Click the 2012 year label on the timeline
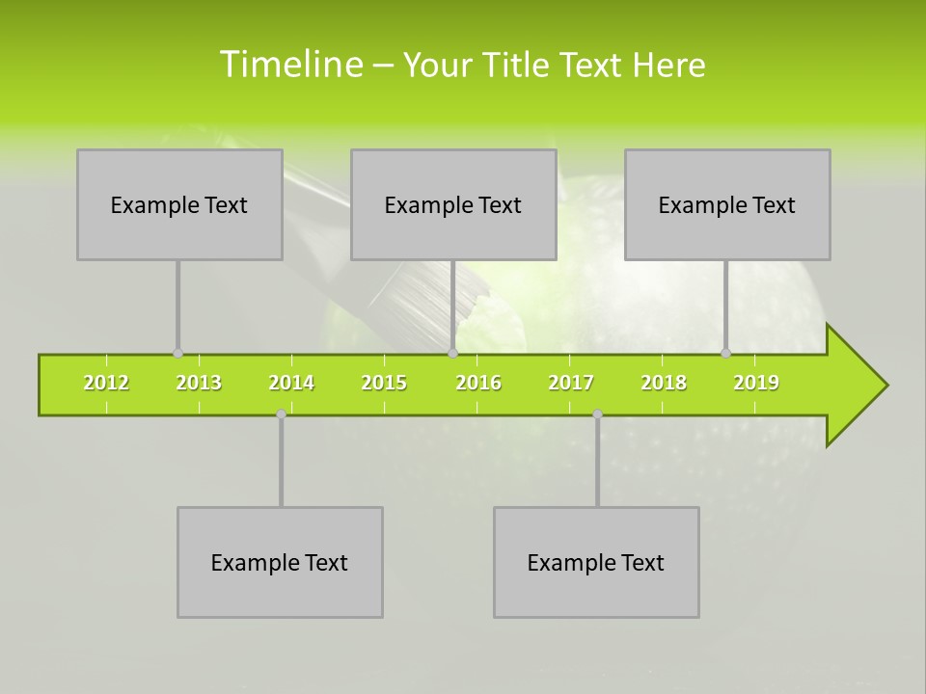(x=106, y=384)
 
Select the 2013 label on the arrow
(x=199, y=384)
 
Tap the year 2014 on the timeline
(x=291, y=384)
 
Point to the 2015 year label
(x=384, y=384)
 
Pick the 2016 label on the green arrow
(x=478, y=384)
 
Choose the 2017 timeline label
(x=571, y=384)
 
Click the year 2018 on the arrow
(x=664, y=384)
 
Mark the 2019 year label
(x=756, y=384)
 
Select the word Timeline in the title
(x=290, y=65)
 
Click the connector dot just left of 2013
(x=177, y=354)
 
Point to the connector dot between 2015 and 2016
(x=452, y=354)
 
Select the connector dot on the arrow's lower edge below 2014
(x=281, y=414)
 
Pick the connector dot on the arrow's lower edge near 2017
(x=597, y=414)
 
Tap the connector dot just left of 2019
(x=726, y=354)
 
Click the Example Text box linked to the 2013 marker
(x=179, y=204)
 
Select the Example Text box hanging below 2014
(x=280, y=562)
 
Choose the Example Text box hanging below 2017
(x=596, y=562)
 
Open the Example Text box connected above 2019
(x=727, y=204)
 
